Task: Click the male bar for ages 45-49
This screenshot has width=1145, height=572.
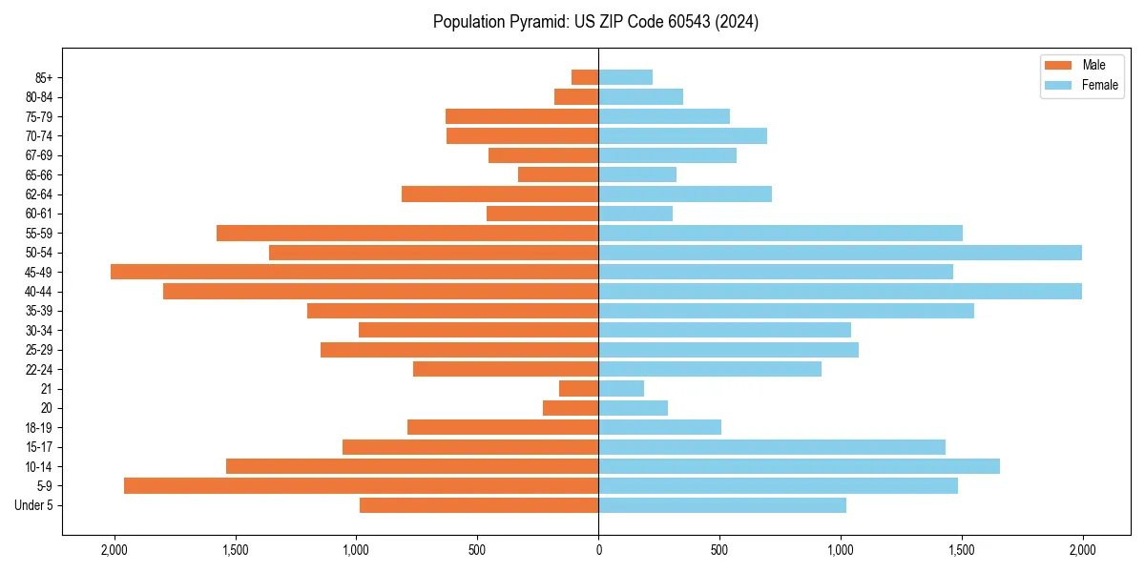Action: pyautogui.click(x=354, y=272)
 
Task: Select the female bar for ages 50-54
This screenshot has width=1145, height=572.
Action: pyautogui.click(x=840, y=253)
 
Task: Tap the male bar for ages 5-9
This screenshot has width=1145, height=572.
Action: pyautogui.click(x=361, y=485)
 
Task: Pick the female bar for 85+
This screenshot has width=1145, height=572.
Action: pyautogui.click(x=625, y=77)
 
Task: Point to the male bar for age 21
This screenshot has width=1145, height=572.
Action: pyautogui.click(x=578, y=388)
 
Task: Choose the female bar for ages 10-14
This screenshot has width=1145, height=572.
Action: pyautogui.click(x=799, y=466)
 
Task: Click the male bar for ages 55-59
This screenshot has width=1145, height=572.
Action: pyautogui.click(x=407, y=233)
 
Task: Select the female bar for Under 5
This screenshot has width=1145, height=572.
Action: pyautogui.click(x=721, y=505)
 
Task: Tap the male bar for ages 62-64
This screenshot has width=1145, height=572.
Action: pyautogui.click(x=500, y=194)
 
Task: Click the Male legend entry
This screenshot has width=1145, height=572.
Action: pyautogui.click(x=1093, y=65)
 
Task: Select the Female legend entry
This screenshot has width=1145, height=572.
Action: pyautogui.click(x=1099, y=85)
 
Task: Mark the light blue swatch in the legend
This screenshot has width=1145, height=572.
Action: pyautogui.click(x=1058, y=85)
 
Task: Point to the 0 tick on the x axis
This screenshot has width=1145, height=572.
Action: pyautogui.click(x=598, y=549)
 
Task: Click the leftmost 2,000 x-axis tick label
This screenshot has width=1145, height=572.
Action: pyautogui.click(x=114, y=549)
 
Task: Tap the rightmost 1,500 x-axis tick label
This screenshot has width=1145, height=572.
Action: pyautogui.click(x=962, y=549)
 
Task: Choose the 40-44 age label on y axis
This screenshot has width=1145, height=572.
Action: pyautogui.click(x=39, y=292)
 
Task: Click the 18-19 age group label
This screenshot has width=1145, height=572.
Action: pyautogui.click(x=39, y=427)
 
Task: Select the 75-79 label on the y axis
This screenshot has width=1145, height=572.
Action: pyautogui.click(x=39, y=116)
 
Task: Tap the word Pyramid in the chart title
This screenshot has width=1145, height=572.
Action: pyautogui.click(x=535, y=22)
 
